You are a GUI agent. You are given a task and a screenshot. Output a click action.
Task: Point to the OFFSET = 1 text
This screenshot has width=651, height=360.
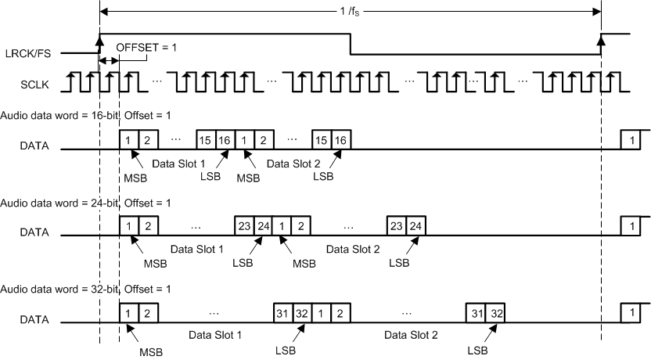click(146, 48)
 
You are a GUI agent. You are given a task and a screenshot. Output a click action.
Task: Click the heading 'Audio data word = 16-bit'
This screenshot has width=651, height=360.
click(58, 115)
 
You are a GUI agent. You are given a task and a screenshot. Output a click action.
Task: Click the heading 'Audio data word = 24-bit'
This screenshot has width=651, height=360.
click(58, 203)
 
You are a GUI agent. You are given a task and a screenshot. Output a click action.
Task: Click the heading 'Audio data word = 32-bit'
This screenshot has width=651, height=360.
click(58, 290)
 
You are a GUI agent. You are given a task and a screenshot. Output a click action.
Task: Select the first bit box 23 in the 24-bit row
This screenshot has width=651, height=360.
click(244, 226)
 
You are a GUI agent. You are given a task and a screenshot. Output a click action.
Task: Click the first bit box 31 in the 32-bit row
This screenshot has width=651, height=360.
click(282, 313)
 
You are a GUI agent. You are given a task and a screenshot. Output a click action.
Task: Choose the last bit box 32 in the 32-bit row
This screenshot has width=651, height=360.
click(495, 313)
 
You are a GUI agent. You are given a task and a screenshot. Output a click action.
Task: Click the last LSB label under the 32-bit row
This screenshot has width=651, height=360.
click(478, 351)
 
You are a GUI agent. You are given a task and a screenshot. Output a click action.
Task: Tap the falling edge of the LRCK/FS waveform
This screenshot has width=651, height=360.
click(350, 44)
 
